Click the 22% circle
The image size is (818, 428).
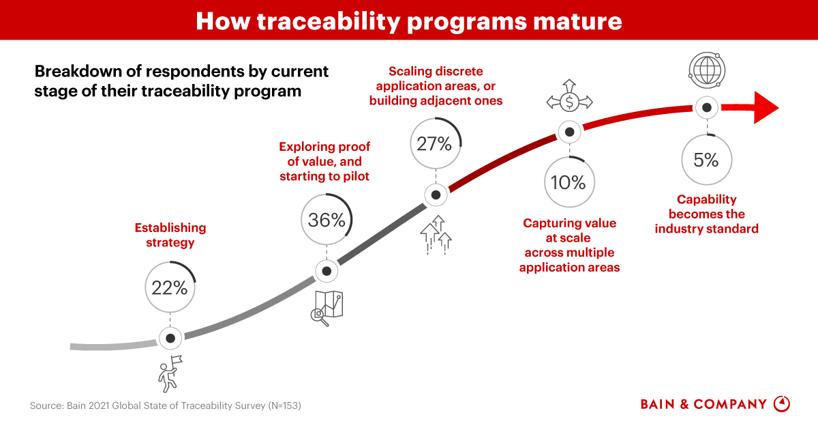(170, 288)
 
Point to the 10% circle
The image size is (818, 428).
(569, 182)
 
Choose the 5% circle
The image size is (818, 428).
(707, 159)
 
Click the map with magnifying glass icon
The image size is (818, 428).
(327, 307)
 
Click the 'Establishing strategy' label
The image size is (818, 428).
(170, 235)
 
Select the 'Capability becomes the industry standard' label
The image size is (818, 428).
(706, 214)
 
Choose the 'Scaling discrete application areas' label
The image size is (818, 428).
(436, 86)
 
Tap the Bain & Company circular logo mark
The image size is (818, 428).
(782, 403)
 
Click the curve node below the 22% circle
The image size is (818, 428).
(170, 338)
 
